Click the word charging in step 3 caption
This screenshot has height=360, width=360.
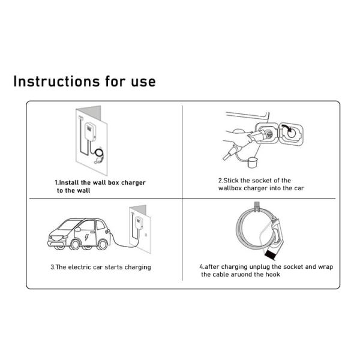coord(136,267)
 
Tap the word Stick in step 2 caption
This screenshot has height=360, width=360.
coord(233,180)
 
